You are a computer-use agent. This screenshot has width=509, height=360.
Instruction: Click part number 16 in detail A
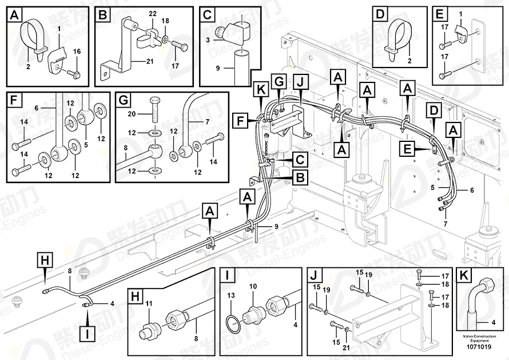pos(77,52)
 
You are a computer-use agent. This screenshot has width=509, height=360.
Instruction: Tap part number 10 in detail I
pos(253,286)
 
